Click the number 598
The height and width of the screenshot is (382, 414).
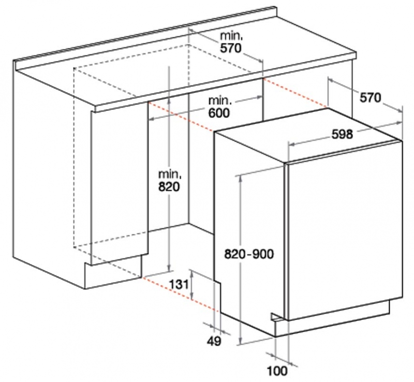pyautogui.click(x=342, y=134)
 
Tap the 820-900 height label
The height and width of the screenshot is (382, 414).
pyautogui.click(x=249, y=254)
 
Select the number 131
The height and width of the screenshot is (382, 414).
pyautogui.click(x=179, y=285)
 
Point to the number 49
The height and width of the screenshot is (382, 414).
pyautogui.click(x=214, y=341)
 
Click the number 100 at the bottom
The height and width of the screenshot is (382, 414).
pyautogui.click(x=277, y=371)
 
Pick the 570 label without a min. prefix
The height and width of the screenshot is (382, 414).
pyautogui.click(x=371, y=98)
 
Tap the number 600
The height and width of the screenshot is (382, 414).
pyautogui.click(x=219, y=113)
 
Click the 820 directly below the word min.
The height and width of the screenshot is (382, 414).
pyautogui.click(x=169, y=187)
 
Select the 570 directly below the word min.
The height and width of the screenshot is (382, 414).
pyautogui.click(x=231, y=48)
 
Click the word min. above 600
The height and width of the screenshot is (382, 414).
pyautogui.click(x=220, y=100)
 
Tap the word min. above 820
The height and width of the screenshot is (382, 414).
pyautogui.click(x=170, y=174)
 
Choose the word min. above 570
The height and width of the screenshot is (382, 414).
pyautogui.click(x=231, y=36)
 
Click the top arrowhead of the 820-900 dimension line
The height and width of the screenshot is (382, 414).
pyautogui.click(x=240, y=178)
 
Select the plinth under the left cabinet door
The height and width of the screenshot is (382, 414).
pyautogui.click(x=113, y=272)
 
